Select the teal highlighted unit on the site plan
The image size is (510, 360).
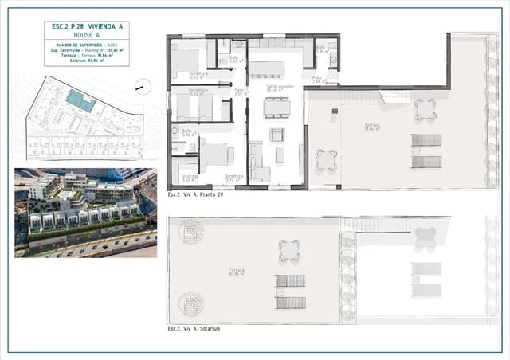click(x=78, y=100)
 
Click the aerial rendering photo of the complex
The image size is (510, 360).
click(x=85, y=213)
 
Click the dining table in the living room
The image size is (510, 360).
click(x=277, y=107)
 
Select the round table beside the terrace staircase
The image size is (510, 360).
click(x=426, y=108)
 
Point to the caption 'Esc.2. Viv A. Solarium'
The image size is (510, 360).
click(x=194, y=328)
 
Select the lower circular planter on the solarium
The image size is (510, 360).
click(x=191, y=303)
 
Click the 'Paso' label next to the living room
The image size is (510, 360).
click(x=240, y=91)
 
